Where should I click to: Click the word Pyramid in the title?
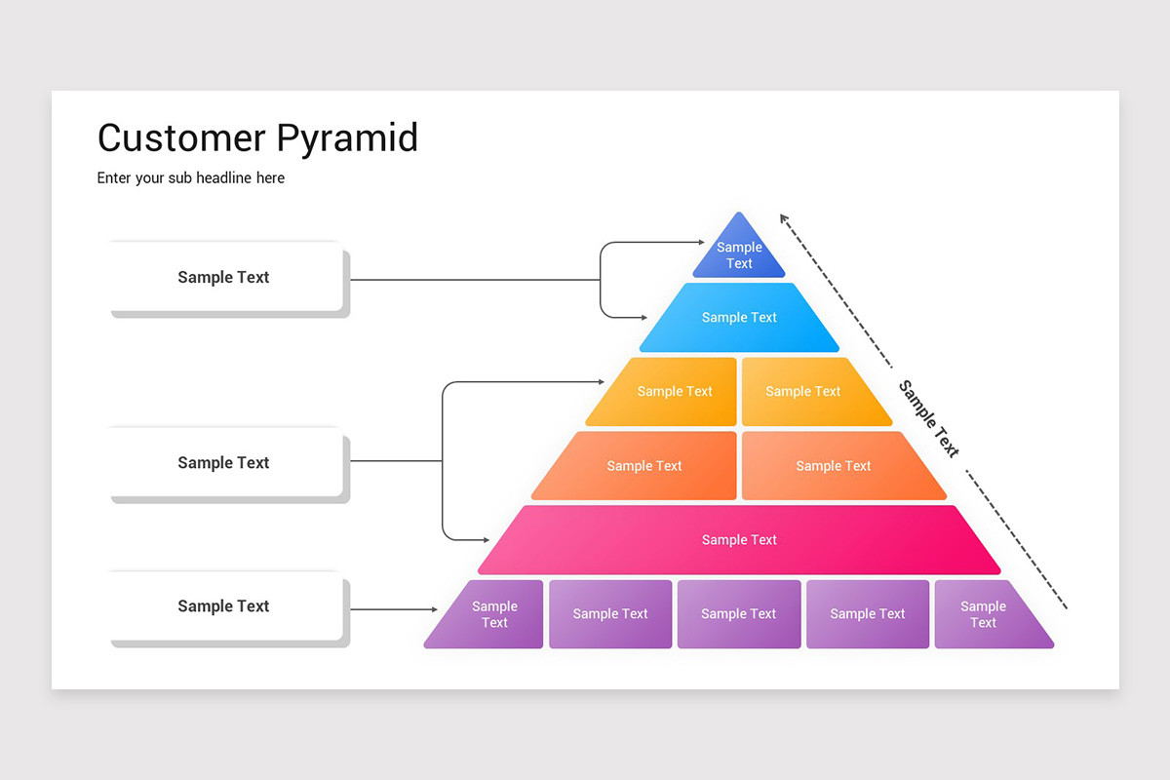(347, 138)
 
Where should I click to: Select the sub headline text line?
(191, 178)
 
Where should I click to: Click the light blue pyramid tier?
(739, 318)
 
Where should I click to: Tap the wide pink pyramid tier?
(739, 540)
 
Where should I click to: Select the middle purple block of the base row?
(739, 614)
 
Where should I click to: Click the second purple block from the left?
(610, 614)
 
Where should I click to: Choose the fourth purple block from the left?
(868, 614)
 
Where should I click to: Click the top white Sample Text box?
(225, 278)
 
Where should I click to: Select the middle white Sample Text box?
(225, 463)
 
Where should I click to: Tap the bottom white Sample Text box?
(225, 606)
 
